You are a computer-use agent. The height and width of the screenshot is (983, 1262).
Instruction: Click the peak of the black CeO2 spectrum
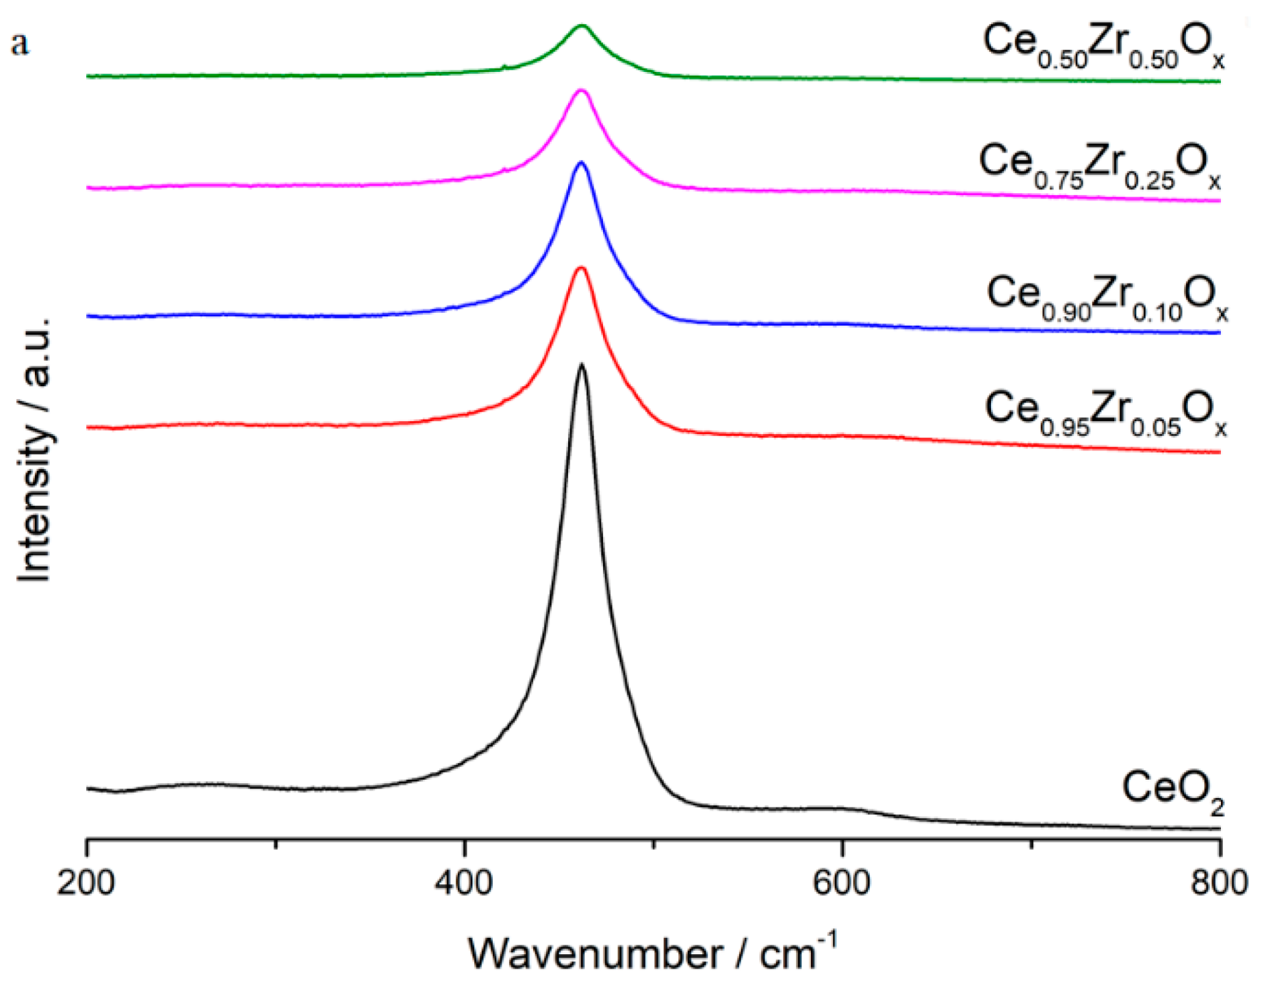pyautogui.click(x=582, y=364)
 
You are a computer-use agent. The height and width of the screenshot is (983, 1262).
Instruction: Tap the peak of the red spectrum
pyautogui.click(x=582, y=268)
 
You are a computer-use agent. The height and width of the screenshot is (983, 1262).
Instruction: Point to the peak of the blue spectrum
pyautogui.click(x=582, y=162)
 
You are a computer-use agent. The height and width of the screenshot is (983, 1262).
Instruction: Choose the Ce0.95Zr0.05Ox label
pyautogui.click(x=1105, y=412)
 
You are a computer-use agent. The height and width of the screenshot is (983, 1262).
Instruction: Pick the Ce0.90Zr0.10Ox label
pyautogui.click(x=1107, y=297)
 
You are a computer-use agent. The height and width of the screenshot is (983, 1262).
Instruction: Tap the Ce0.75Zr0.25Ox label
pyautogui.click(x=1099, y=166)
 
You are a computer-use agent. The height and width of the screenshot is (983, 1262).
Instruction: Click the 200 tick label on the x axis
pyautogui.click(x=86, y=883)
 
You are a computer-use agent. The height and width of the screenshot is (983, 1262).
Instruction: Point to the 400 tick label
pyautogui.click(x=465, y=883)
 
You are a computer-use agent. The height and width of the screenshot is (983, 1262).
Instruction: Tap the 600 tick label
pyautogui.click(x=842, y=883)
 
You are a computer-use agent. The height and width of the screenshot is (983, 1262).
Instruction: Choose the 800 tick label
pyautogui.click(x=1219, y=883)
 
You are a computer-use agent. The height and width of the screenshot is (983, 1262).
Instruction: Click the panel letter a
pyautogui.click(x=20, y=44)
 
